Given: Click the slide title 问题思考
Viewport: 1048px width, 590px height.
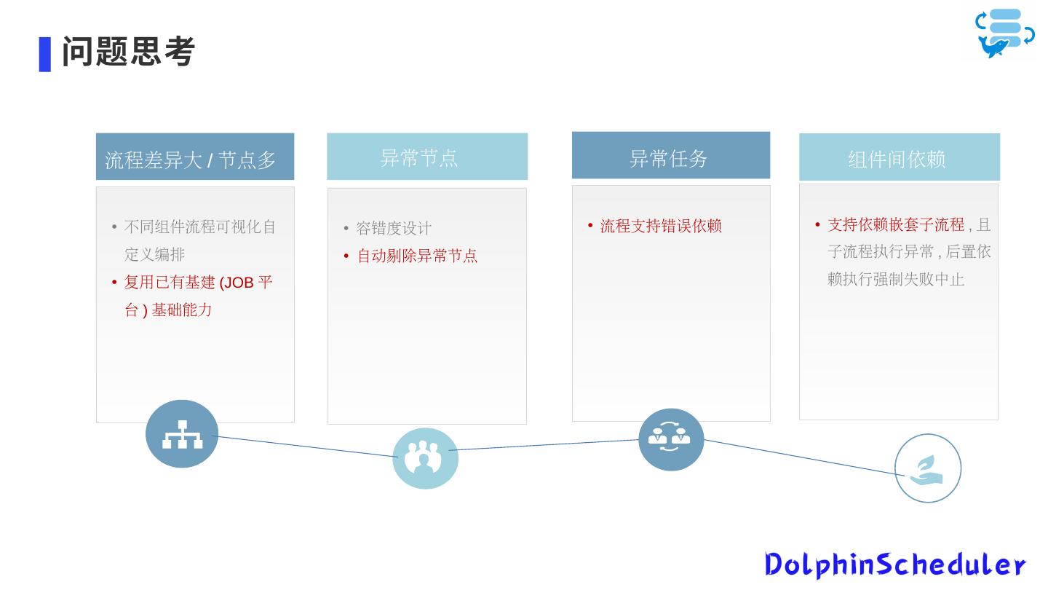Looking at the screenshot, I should click(x=128, y=52).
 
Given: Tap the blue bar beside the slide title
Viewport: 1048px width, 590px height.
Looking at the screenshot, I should click(x=45, y=54).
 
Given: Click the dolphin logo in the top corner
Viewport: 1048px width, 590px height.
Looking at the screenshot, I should click(x=1004, y=33).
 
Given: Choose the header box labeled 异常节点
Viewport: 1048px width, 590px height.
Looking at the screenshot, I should click(x=427, y=157).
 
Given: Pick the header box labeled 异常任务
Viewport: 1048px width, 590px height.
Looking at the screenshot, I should click(x=670, y=155).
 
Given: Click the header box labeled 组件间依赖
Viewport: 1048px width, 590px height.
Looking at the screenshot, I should click(x=899, y=157).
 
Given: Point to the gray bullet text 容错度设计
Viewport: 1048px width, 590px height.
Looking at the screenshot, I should click(x=393, y=229).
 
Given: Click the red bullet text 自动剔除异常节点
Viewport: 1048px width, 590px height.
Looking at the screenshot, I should click(x=417, y=256).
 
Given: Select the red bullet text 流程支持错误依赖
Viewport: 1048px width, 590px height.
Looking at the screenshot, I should click(x=660, y=226).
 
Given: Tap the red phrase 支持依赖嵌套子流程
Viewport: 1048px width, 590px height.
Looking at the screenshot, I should click(x=895, y=224).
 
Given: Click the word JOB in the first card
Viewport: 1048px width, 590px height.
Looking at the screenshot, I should click(x=237, y=283).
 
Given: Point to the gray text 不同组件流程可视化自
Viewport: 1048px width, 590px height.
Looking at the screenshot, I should click(x=200, y=227).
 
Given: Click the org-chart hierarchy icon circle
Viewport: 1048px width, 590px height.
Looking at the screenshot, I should click(x=182, y=433).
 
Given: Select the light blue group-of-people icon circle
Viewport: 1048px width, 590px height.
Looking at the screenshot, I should click(x=425, y=458).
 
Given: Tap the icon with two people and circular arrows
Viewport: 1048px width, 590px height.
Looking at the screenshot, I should click(x=670, y=439).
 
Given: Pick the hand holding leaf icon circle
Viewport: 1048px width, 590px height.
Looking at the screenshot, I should click(x=927, y=468).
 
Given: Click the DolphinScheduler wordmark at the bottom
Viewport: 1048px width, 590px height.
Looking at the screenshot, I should click(x=894, y=565).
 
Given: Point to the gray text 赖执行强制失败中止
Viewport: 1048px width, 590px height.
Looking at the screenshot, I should click(x=895, y=279).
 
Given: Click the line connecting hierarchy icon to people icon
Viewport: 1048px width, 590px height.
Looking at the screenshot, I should click(x=306, y=447).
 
